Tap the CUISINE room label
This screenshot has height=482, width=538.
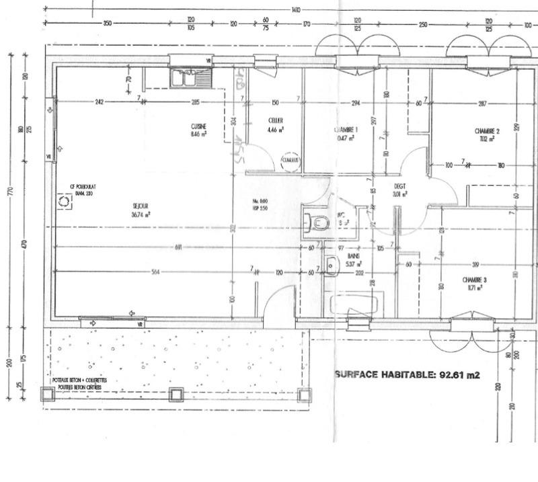(x=198, y=126)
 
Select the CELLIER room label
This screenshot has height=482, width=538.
(x=275, y=121)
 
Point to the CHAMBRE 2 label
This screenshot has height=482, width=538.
(x=487, y=131)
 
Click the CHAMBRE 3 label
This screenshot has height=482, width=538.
(x=474, y=279)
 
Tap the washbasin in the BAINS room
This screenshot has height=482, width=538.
(x=331, y=266)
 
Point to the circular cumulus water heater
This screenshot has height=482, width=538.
(x=290, y=159)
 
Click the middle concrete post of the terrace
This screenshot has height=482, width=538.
(x=177, y=395)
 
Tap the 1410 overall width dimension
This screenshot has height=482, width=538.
(x=296, y=9)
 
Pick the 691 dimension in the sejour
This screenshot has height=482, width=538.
(x=179, y=247)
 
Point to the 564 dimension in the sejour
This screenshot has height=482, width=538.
(x=156, y=272)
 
